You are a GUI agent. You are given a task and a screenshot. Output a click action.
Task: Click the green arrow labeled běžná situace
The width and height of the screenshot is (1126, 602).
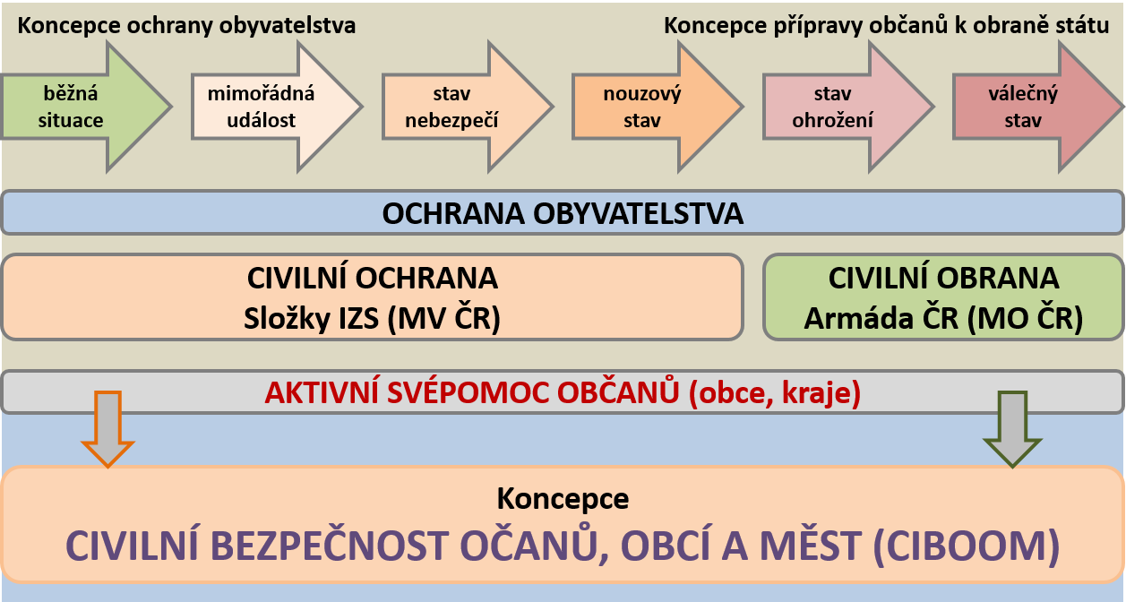pos(85,107)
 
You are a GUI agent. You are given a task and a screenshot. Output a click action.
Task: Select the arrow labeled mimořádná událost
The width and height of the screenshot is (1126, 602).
pos(277,107)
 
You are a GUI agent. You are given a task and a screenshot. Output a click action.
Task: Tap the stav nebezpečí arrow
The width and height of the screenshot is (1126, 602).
pos(468,107)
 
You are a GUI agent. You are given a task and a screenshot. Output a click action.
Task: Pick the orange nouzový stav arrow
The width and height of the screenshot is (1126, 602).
pos(658,107)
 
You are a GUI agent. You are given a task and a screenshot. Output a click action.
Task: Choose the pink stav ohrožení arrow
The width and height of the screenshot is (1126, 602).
pos(848,107)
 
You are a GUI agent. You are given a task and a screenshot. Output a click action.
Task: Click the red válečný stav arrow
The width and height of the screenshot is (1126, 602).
pos(1038,107)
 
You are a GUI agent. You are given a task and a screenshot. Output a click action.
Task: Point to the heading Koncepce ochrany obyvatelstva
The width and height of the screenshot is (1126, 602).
pos(186,26)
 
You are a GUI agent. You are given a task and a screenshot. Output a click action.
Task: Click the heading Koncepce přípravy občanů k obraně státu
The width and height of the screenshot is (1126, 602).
pos(886,26)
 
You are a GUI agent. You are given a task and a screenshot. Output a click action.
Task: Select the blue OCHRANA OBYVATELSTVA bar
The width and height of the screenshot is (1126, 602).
pos(563,212)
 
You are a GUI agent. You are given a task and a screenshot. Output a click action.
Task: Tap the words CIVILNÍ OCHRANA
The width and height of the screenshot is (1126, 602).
pos(373,278)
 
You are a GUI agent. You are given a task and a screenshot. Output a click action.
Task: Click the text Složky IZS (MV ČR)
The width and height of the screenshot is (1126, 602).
pos(372,318)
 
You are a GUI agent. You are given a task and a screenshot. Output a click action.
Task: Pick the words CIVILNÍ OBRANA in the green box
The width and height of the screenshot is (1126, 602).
pos(943,278)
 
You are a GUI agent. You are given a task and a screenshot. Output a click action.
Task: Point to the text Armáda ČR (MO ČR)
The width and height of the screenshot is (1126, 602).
pos(943,318)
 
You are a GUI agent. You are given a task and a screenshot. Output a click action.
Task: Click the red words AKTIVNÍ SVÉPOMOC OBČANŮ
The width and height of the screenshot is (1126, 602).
pos(472,392)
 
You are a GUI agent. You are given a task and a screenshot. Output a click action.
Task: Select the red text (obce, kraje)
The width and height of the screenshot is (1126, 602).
pos(775,393)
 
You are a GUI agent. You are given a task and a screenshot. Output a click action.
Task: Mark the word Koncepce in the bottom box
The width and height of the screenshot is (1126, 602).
pos(563,499)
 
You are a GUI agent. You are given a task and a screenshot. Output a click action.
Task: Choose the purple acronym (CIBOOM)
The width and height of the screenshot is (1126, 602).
pos(967,546)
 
